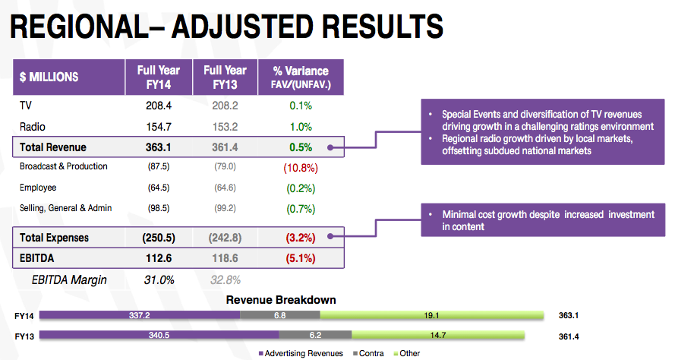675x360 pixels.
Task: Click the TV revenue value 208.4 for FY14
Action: point(159,106)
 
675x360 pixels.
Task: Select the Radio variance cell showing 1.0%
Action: point(301,127)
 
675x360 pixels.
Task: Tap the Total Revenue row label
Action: point(53,147)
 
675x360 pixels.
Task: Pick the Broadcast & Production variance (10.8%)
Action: point(301,168)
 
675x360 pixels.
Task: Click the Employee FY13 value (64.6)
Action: point(226,188)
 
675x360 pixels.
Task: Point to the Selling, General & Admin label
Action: point(66,208)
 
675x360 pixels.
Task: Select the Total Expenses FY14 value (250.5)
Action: point(159,238)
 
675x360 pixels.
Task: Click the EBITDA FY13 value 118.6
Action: point(226,258)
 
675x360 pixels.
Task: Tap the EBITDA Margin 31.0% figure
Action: point(159,280)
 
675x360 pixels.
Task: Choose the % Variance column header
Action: point(301,77)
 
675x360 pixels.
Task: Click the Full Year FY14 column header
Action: point(159,77)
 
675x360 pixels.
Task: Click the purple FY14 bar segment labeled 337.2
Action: point(140,315)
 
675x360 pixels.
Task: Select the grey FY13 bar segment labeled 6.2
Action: point(315,335)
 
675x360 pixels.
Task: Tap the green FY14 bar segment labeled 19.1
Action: point(432,315)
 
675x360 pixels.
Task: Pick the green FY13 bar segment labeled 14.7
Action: point(438,335)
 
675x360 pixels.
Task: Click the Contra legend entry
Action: point(368,353)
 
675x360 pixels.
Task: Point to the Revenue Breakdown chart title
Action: point(281,300)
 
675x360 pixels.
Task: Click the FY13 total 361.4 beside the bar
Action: point(569,336)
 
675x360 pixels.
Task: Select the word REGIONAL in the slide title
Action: point(79,27)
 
